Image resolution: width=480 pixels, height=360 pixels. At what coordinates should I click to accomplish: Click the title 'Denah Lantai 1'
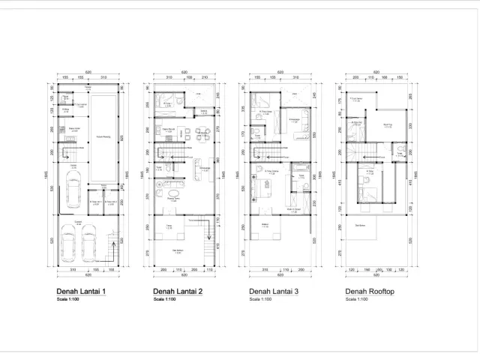(80, 291)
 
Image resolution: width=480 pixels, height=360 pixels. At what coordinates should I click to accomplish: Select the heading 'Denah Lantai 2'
(177, 291)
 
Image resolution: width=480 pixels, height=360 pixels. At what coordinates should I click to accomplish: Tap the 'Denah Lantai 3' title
(273, 291)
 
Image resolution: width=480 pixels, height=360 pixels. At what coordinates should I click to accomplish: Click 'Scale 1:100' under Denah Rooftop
(356, 299)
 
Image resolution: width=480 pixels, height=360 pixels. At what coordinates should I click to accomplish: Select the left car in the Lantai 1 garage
(68, 242)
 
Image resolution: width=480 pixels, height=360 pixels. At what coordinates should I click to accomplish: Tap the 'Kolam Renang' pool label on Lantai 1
(104, 137)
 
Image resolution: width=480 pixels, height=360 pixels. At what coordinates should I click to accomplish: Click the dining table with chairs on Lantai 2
(201, 135)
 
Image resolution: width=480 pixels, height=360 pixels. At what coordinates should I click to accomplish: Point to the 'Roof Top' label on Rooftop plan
(387, 126)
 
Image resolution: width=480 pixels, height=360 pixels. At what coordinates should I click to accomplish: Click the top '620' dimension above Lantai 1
(88, 72)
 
